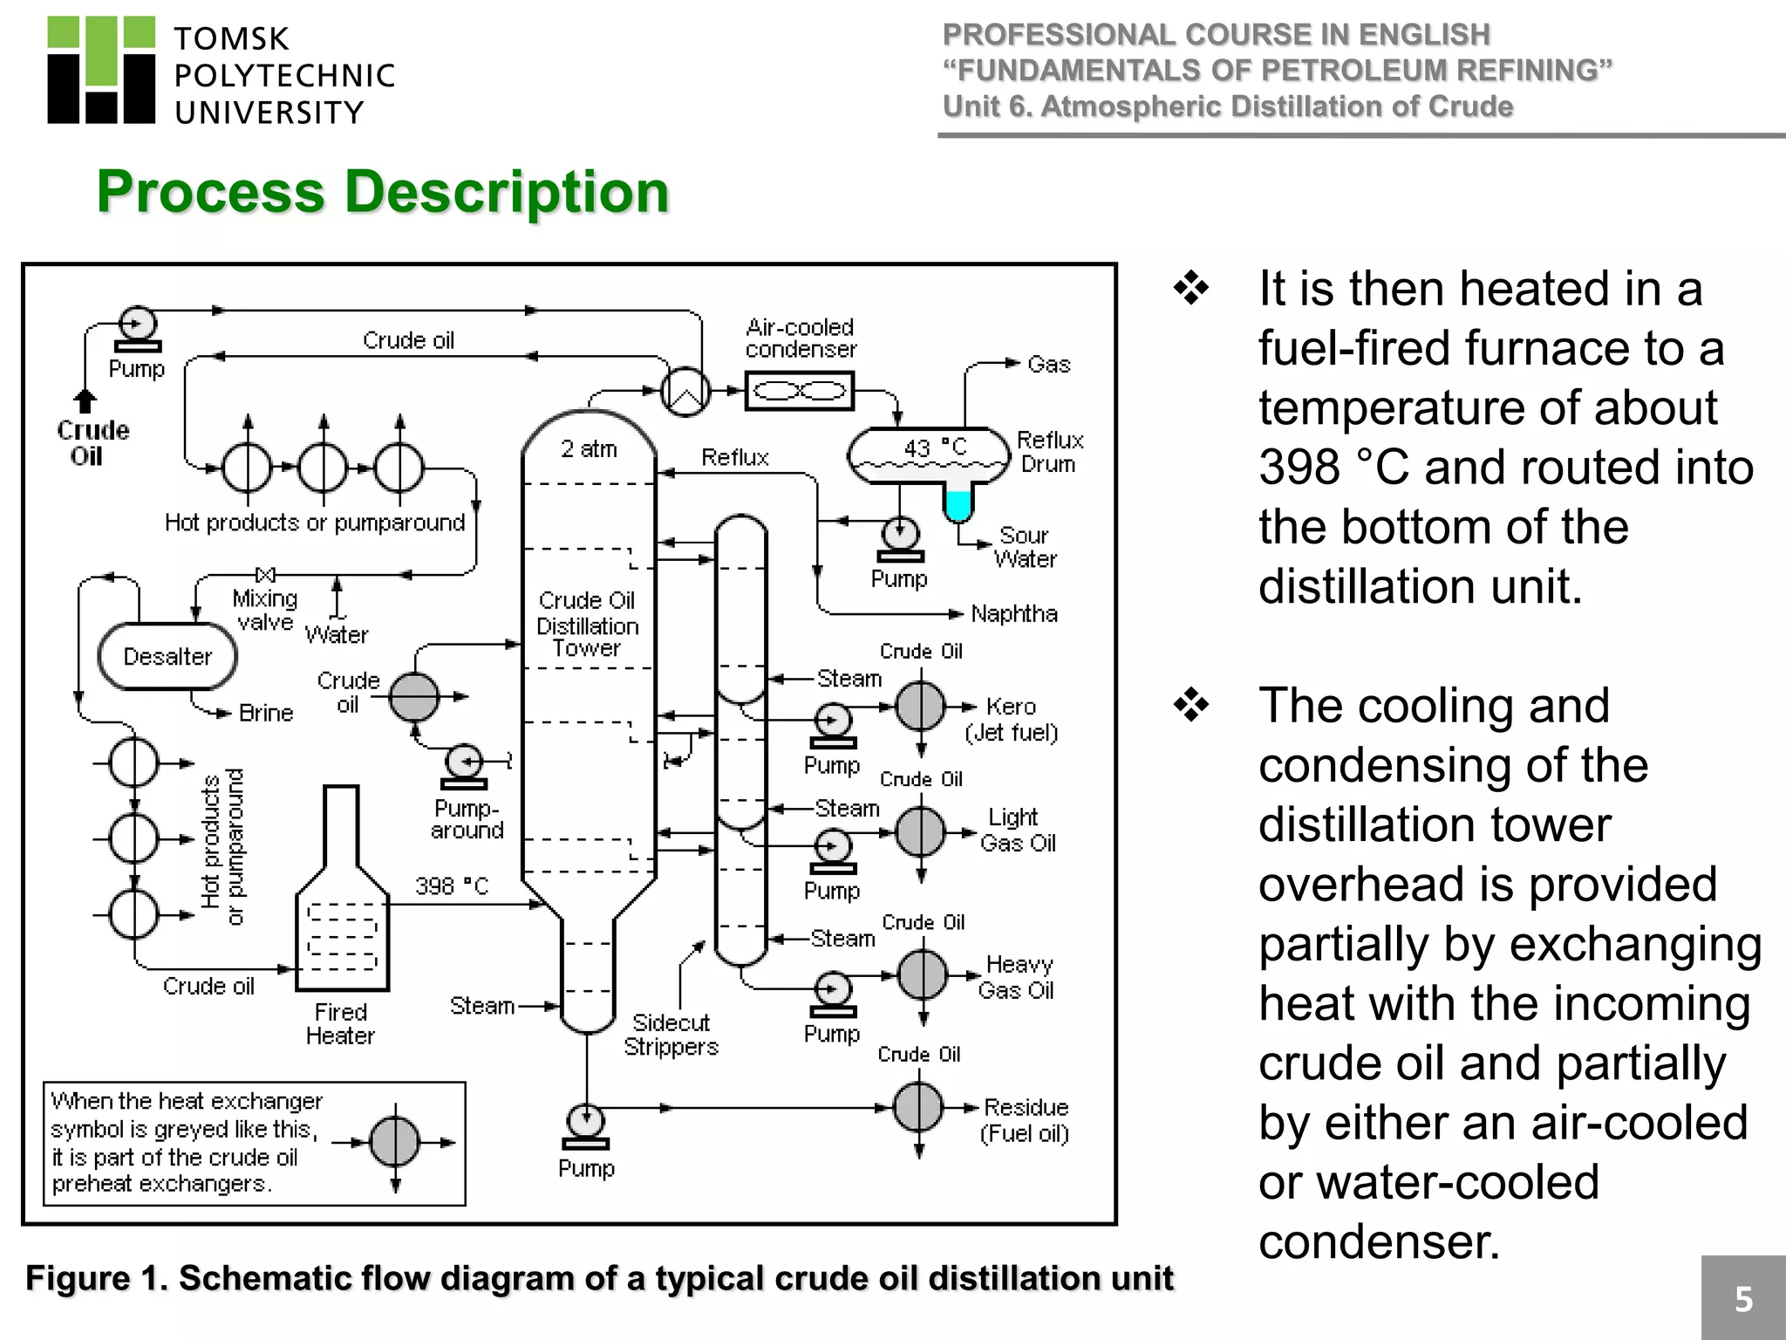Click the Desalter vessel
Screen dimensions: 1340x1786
point(167,656)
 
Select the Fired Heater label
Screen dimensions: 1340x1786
point(340,1023)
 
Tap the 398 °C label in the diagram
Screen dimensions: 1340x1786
point(452,886)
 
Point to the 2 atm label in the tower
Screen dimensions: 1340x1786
point(589,449)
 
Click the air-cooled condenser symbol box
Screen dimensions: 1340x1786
point(800,391)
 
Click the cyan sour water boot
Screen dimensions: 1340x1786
point(958,505)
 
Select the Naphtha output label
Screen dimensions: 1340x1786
point(1013,614)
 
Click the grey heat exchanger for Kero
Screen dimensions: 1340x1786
point(921,706)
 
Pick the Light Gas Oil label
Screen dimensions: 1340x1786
point(1016,830)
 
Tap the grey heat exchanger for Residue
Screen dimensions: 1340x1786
point(919,1107)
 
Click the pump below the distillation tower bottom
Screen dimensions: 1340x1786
point(585,1125)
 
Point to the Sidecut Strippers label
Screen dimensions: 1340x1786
point(671,1035)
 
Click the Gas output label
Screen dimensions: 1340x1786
point(1048,365)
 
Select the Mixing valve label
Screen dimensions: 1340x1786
point(265,610)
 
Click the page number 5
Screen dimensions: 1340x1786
point(1743,1299)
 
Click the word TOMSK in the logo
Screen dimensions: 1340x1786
point(231,39)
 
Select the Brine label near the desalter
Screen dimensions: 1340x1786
point(266,713)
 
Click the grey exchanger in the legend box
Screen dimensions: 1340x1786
point(395,1142)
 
